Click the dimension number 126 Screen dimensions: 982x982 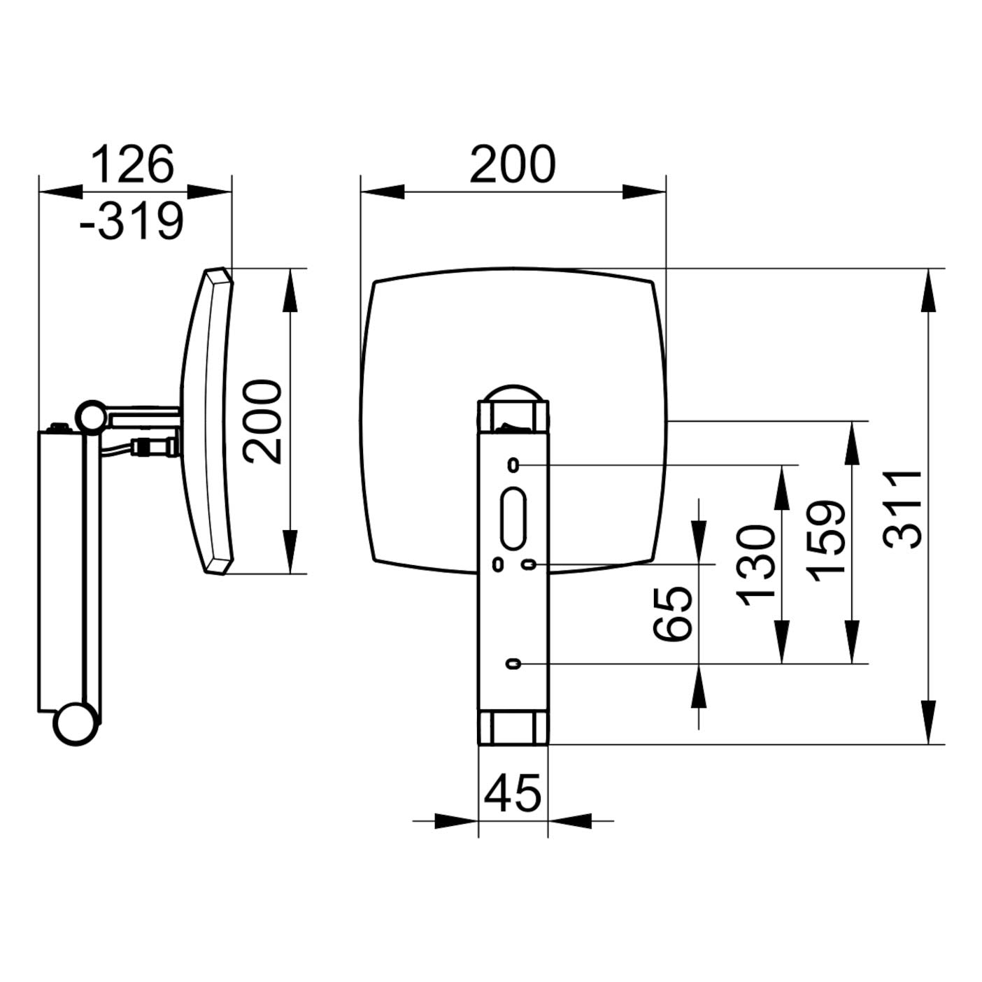[132, 164]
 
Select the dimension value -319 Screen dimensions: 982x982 [131, 221]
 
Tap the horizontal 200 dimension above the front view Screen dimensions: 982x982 [513, 164]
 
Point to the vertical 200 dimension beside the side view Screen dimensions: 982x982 [262, 422]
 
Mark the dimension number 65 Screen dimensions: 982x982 [672, 614]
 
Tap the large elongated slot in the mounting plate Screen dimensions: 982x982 [513, 518]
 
